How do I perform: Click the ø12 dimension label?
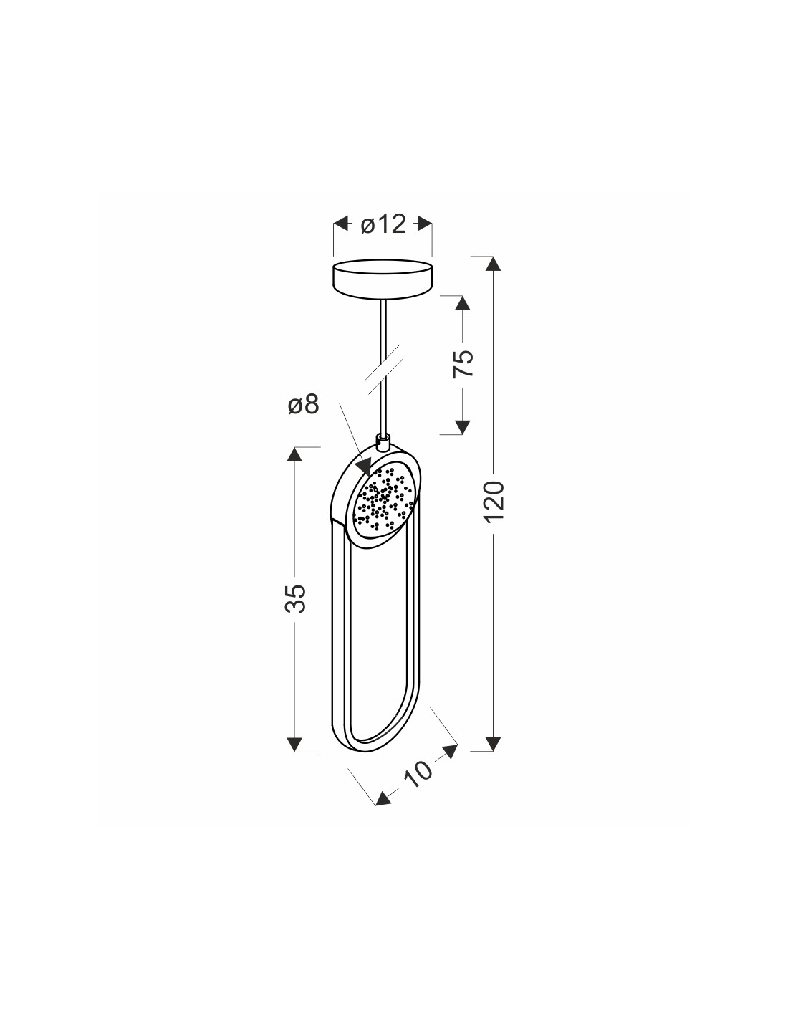tap(383, 225)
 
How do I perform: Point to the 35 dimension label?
tap(295, 598)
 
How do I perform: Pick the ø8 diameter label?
tap(303, 403)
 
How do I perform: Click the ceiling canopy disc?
tap(383, 279)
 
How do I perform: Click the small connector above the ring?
tap(383, 441)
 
